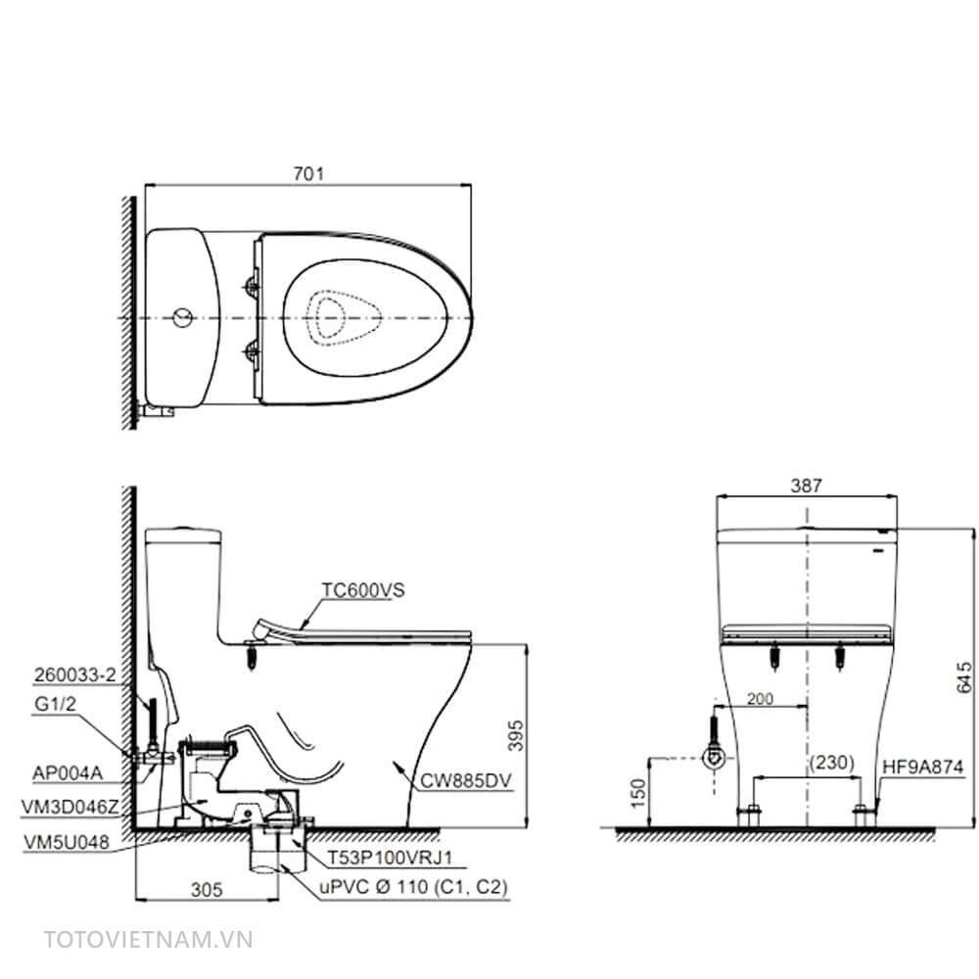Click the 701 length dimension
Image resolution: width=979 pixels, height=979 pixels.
pos(308,173)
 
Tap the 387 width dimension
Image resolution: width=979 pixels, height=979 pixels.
pos(806,486)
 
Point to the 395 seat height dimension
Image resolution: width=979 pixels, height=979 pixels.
pos(516,735)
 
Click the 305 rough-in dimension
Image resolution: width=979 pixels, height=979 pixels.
pos(207,889)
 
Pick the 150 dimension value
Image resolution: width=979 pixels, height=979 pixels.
pos(638,793)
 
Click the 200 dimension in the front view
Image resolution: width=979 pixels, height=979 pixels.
pos(760,699)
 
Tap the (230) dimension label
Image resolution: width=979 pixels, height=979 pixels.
pos(831,763)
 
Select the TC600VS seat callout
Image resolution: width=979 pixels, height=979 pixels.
pos(363,590)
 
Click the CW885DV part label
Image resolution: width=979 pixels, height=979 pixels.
pos(466,780)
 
